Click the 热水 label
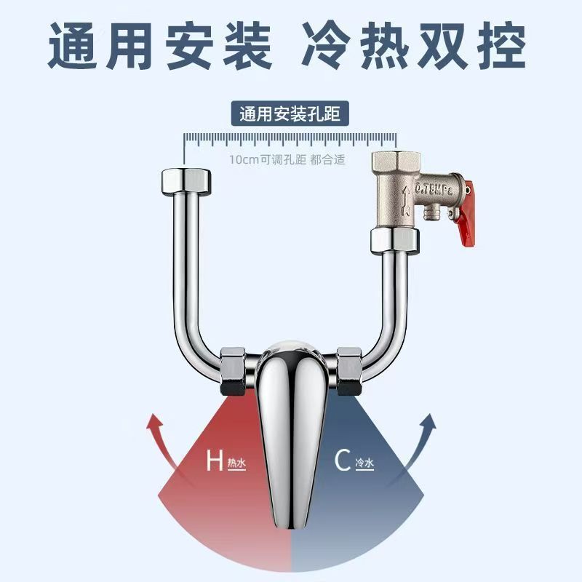click(236, 463)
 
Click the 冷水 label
click(364, 463)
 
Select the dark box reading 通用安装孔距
click(290, 114)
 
